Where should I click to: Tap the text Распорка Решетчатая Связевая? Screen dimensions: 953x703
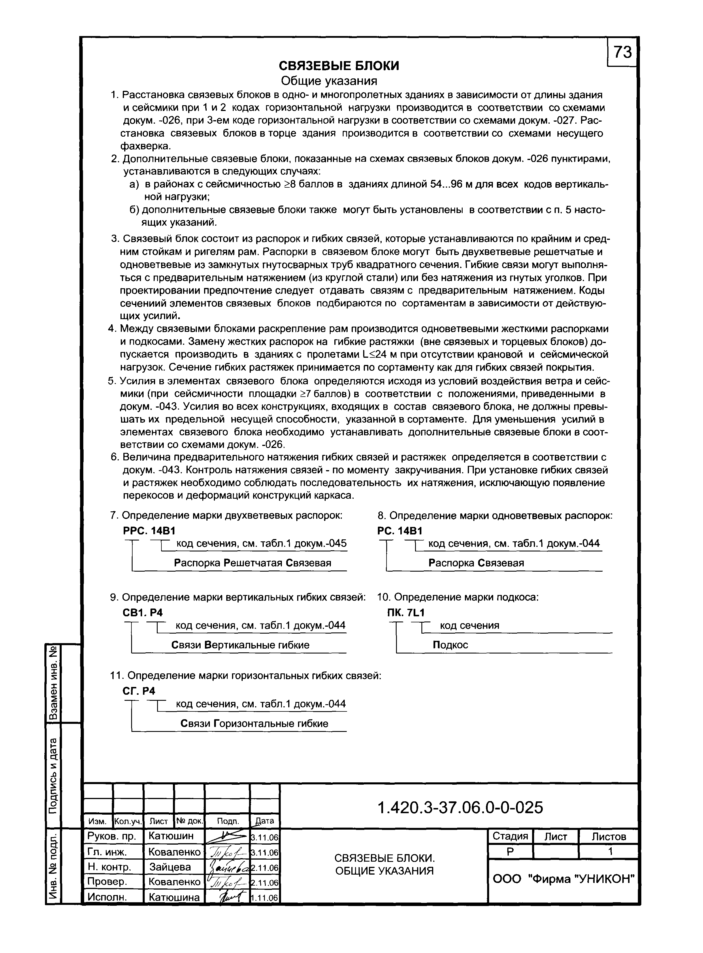252,563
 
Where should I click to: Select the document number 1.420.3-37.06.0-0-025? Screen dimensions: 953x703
460,807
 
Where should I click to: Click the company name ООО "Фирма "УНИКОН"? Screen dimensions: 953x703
563,879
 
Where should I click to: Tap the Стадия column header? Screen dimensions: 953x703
510,836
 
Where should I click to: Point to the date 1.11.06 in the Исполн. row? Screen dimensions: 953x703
264,898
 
